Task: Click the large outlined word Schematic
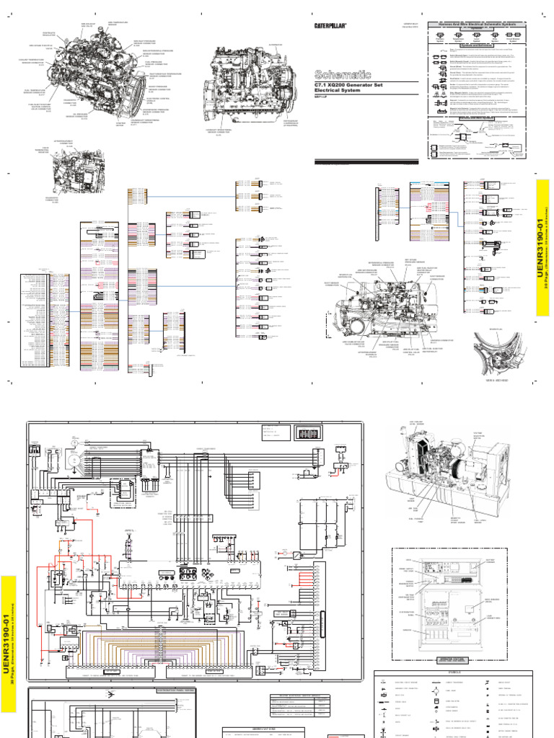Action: pyautogui.click(x=343, y=74)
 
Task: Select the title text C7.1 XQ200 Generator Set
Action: pyautogui.click(x=351, y=85)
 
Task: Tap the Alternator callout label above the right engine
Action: pyautogui.click(x=254, y=44)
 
